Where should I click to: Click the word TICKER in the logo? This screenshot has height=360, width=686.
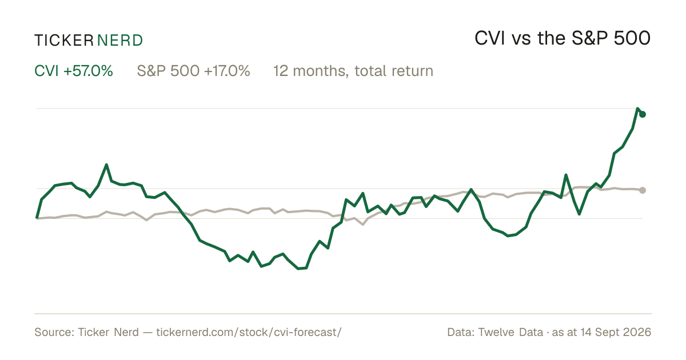64,41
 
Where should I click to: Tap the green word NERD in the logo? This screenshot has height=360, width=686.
119,41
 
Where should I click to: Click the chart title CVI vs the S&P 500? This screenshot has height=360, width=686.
563,38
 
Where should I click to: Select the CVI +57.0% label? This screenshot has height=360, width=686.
74,71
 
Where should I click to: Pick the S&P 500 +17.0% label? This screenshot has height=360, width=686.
193,71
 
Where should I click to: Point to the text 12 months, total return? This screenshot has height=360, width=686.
353,71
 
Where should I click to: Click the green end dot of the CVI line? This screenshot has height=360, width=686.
643,114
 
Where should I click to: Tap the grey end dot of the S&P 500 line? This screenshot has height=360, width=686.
643,190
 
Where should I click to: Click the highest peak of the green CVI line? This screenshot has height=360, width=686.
637,109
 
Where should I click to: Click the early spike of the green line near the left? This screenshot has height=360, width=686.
106,165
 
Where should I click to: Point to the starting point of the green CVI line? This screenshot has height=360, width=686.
37,218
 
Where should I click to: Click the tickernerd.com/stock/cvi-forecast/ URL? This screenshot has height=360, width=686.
249,332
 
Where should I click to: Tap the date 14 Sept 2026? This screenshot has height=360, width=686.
616,332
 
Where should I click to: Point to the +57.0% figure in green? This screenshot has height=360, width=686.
88,71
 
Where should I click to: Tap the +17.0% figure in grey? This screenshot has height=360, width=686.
227,71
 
